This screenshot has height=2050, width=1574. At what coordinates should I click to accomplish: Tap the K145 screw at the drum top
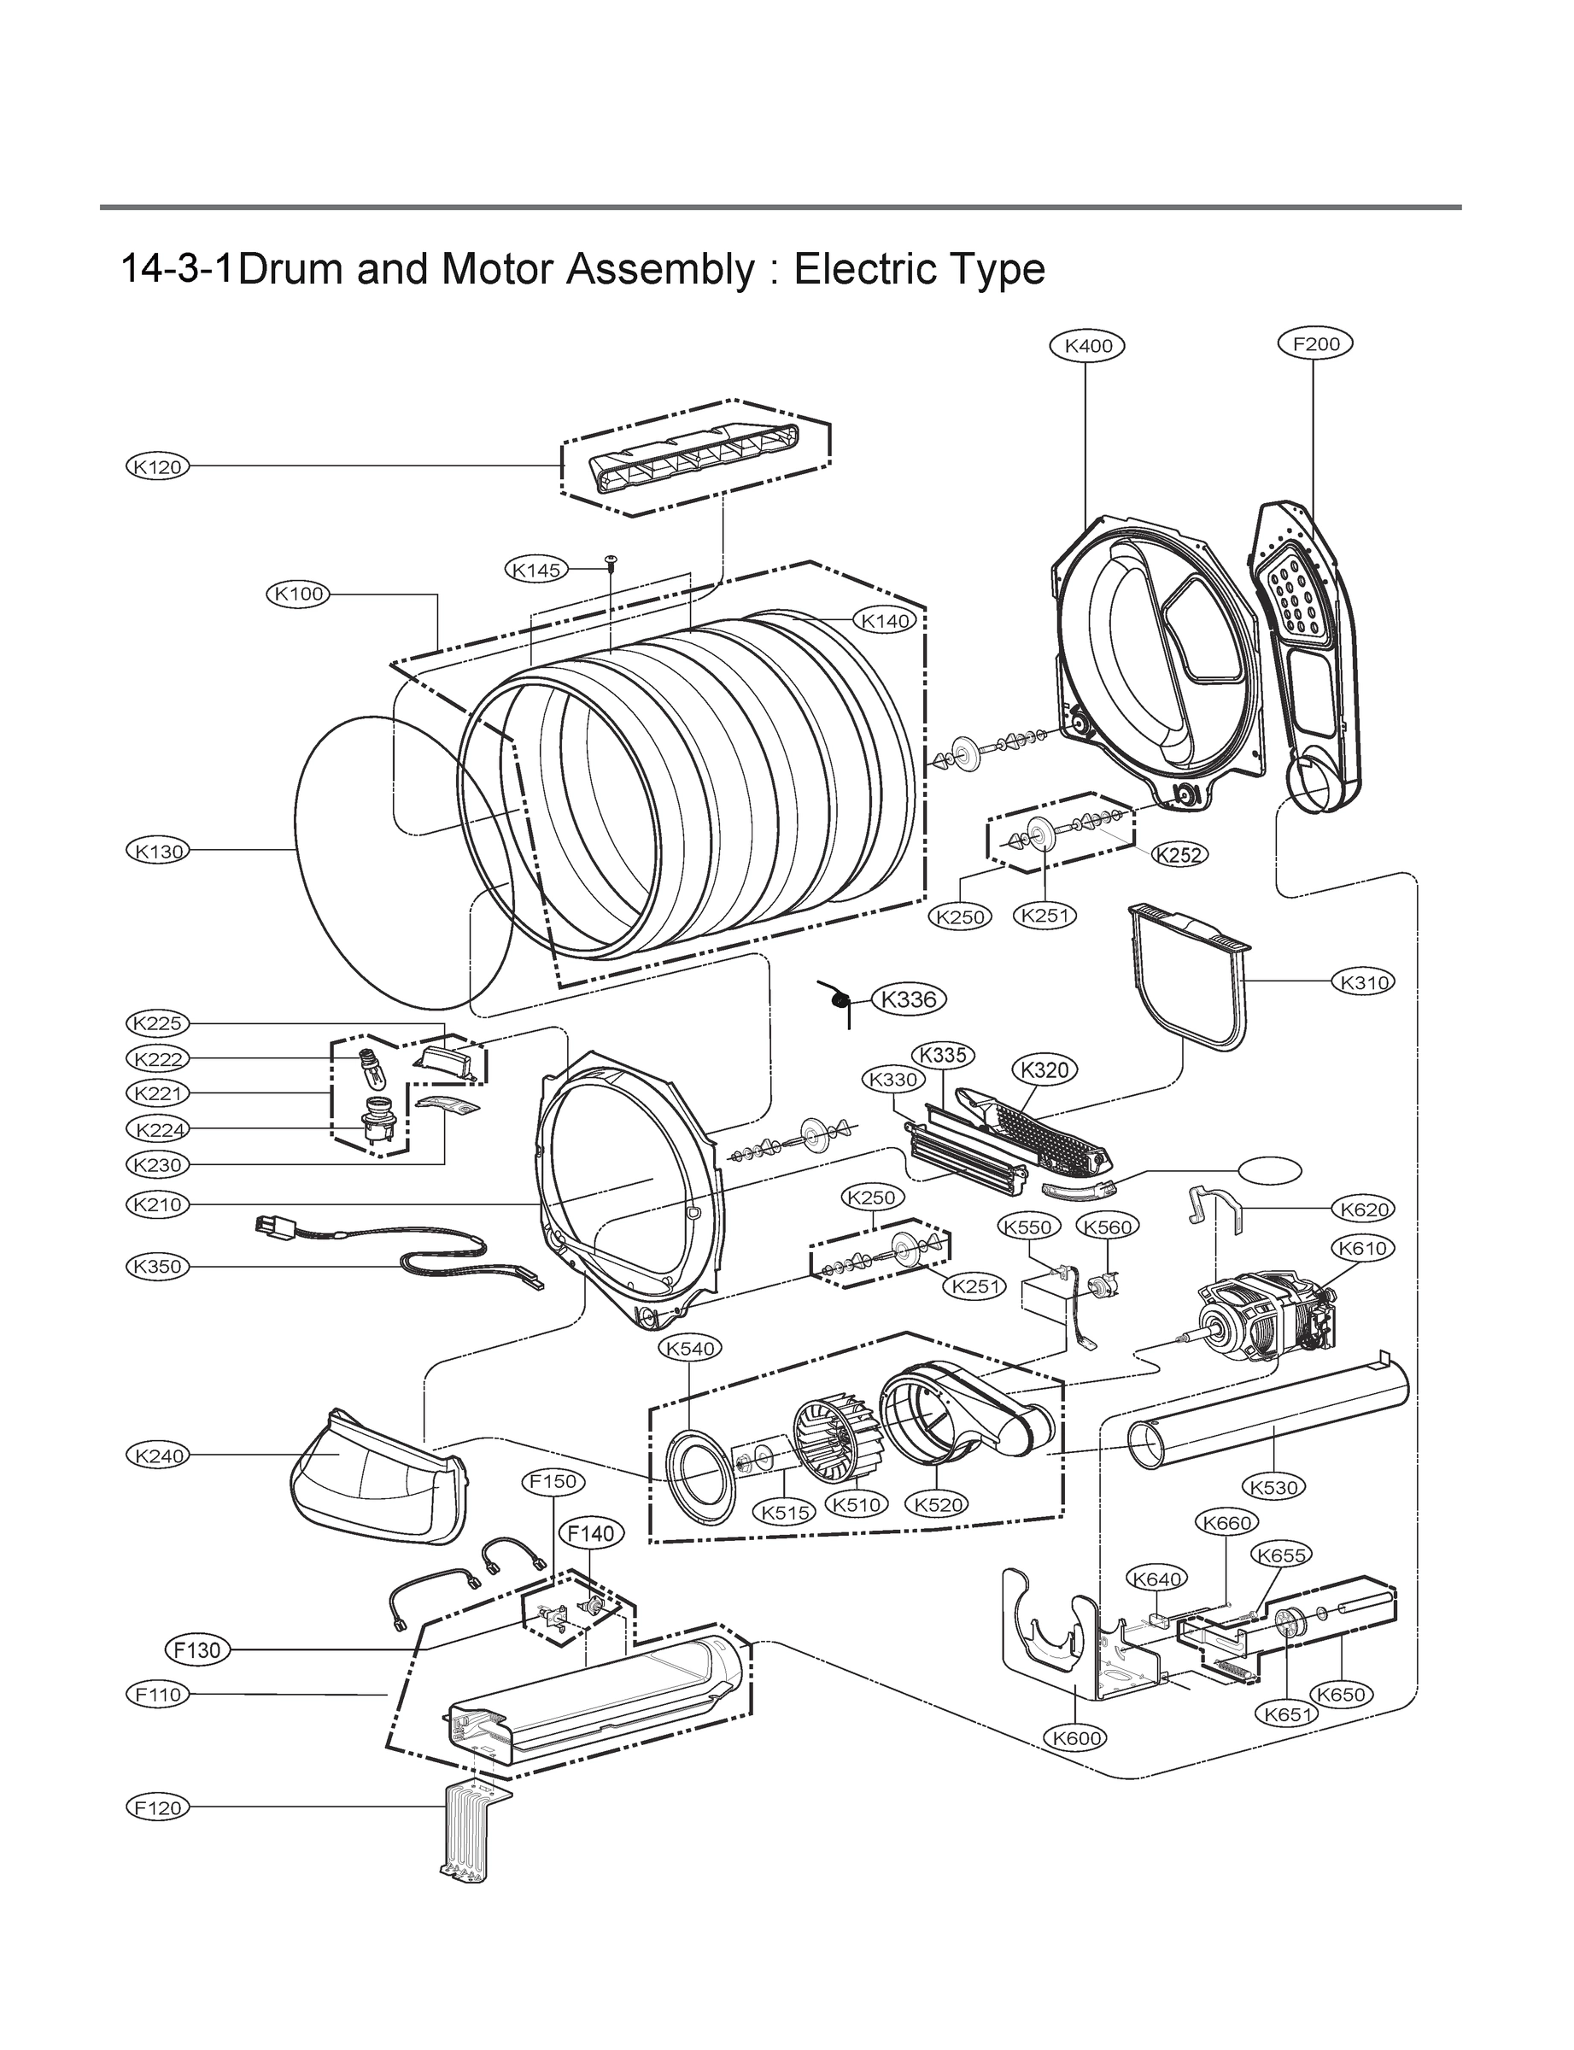point(611,561)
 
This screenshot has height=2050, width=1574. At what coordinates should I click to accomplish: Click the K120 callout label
point(157,466)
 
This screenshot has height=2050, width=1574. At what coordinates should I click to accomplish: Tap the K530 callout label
point(1273,1487)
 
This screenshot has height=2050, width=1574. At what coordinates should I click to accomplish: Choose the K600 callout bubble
point(1075,1737)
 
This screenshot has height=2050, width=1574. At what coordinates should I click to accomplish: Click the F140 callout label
point(591,1533)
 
